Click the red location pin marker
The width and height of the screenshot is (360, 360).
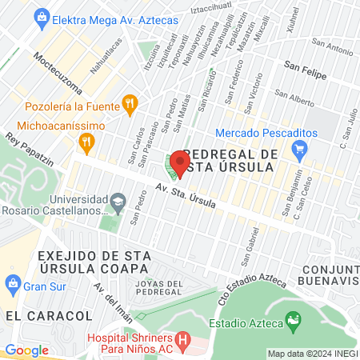click(x=178, y=165)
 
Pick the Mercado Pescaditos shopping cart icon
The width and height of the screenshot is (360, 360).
click(x=300, y=148)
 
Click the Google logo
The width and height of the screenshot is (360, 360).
click(x=26, y=350)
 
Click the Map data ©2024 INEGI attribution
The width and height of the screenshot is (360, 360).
click(x=311, y=353)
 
